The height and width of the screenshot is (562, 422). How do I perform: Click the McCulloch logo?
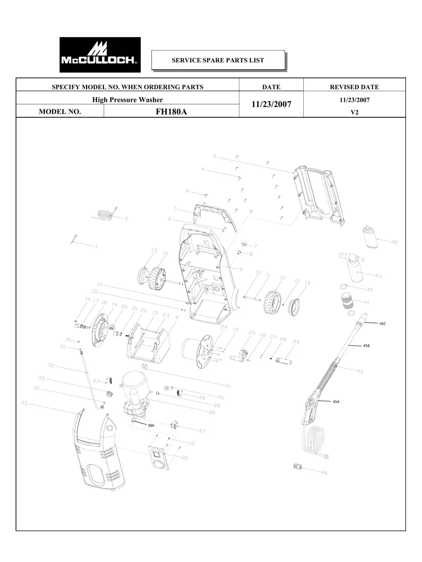point(100,55)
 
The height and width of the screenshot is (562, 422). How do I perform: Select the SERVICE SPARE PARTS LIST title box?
point(218,60)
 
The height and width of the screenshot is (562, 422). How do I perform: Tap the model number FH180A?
point(171,112)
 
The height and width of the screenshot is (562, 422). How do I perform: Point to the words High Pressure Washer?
point(127,100)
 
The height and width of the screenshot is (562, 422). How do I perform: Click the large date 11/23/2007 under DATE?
point(271,105)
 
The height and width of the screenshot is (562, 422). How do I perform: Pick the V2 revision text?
point(354,112)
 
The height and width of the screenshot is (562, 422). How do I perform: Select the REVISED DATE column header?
point(354,87)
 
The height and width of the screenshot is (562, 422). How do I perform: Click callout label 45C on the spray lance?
point(382,323)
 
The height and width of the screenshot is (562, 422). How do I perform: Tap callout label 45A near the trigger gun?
point(336,401)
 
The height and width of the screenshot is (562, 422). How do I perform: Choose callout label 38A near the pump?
point(151,425)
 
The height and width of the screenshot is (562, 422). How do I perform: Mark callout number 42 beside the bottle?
point(395,242)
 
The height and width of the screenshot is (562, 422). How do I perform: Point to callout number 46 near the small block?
point(324,473)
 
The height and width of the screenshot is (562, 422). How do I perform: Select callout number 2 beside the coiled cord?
point(126,218)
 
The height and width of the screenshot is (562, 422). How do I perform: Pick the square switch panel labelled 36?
point(159,458)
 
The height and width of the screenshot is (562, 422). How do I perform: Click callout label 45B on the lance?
point(367,346)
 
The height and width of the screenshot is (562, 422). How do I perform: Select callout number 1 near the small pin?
point(96,246)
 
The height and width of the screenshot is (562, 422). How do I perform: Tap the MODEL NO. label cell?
point(60,112)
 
